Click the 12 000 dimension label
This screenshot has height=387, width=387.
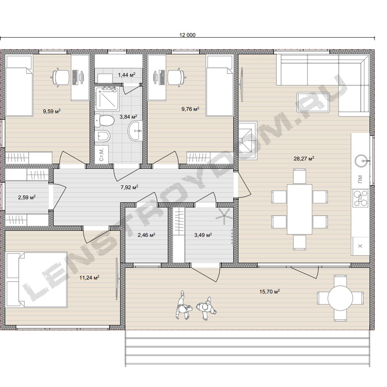[187, 35]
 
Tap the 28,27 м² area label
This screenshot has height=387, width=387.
[304, 158]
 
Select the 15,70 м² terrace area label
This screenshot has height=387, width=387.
[269, 291]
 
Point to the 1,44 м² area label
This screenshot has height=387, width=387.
[126, 75]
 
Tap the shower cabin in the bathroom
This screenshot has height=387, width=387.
[107, 99]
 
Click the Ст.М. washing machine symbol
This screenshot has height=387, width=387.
[102, 154]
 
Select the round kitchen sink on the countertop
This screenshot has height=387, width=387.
[362, 161]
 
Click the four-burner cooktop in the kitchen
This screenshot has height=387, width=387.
[360, 198]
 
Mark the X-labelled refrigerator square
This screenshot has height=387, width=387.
[360, 246]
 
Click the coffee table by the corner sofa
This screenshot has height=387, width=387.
[313, 102]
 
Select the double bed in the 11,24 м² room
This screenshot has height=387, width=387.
[37, 279]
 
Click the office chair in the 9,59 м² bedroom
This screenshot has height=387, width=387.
[61, 77]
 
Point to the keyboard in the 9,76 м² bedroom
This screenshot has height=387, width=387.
[162, 77]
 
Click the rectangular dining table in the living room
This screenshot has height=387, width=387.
[299, 209]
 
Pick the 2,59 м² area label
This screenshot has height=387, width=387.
[27, 197]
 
